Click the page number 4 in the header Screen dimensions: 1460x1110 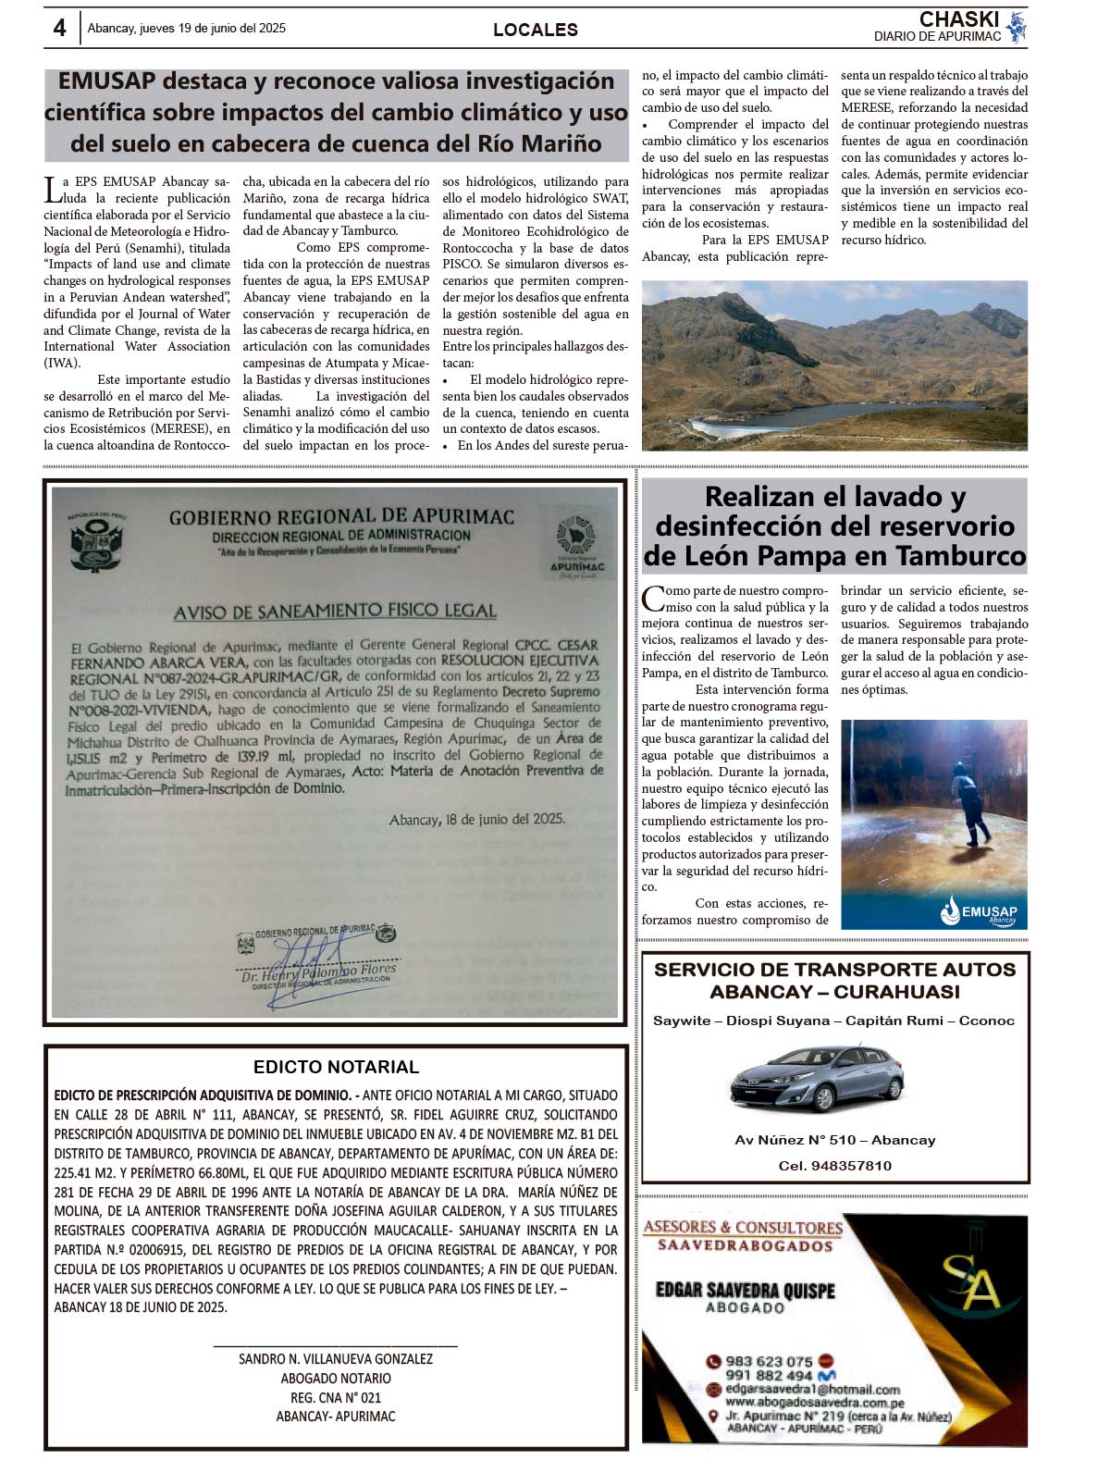tap(59, 29)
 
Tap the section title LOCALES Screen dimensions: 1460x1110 tap(536, 30)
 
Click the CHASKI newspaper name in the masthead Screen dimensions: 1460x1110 tap(958, 19)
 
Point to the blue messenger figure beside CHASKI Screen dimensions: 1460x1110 tap(1017, 27)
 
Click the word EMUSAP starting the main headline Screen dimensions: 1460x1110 tap(105, 81)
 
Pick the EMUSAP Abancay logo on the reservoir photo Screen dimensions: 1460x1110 tap(979, 911)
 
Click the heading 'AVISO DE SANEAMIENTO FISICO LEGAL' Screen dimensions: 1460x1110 tap(335, 611)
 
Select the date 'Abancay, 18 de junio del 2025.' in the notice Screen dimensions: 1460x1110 tap(476, 820)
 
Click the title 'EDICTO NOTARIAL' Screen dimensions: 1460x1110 tap(336, 1067)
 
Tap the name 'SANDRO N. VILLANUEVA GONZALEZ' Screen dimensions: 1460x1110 tap(336, 1359)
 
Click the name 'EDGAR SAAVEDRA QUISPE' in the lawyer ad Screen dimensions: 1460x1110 tap(745, 1291)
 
